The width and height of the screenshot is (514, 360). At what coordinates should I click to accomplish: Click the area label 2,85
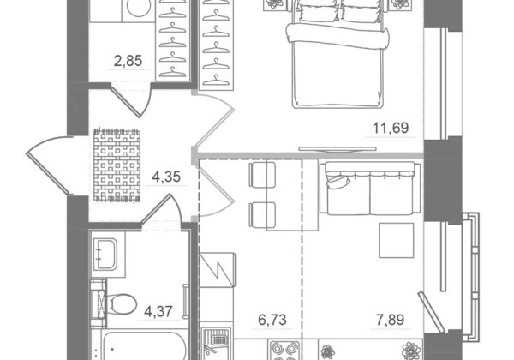tap(128, 61)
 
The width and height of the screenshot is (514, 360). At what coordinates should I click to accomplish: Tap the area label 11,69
tap(391, 128)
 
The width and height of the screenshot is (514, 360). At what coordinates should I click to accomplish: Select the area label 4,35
tap(166, 177)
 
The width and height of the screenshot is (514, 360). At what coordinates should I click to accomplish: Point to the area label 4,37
tap(158, 311)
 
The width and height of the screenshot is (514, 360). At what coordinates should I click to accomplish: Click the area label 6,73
tap(272, 320)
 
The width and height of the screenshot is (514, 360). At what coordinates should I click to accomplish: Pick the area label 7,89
tap(390, 320)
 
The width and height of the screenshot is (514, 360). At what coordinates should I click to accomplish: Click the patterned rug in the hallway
tap(117, 165)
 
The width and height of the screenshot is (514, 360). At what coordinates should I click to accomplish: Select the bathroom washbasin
tap(105, 255)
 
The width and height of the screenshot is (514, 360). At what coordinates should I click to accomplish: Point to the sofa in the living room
tap(370, 189)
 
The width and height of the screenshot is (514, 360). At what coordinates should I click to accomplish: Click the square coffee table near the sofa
tap(397, 240)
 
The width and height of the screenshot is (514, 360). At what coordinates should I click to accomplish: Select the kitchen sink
tap(216, 344)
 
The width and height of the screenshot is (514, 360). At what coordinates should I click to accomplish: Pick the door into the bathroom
tap(162, 210)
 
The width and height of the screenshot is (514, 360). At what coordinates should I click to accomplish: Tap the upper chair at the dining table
tap(262, 175)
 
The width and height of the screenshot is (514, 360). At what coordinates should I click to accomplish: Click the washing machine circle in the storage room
tap(138, 9)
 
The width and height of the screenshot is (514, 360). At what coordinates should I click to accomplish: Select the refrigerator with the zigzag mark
tap(218, 270)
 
